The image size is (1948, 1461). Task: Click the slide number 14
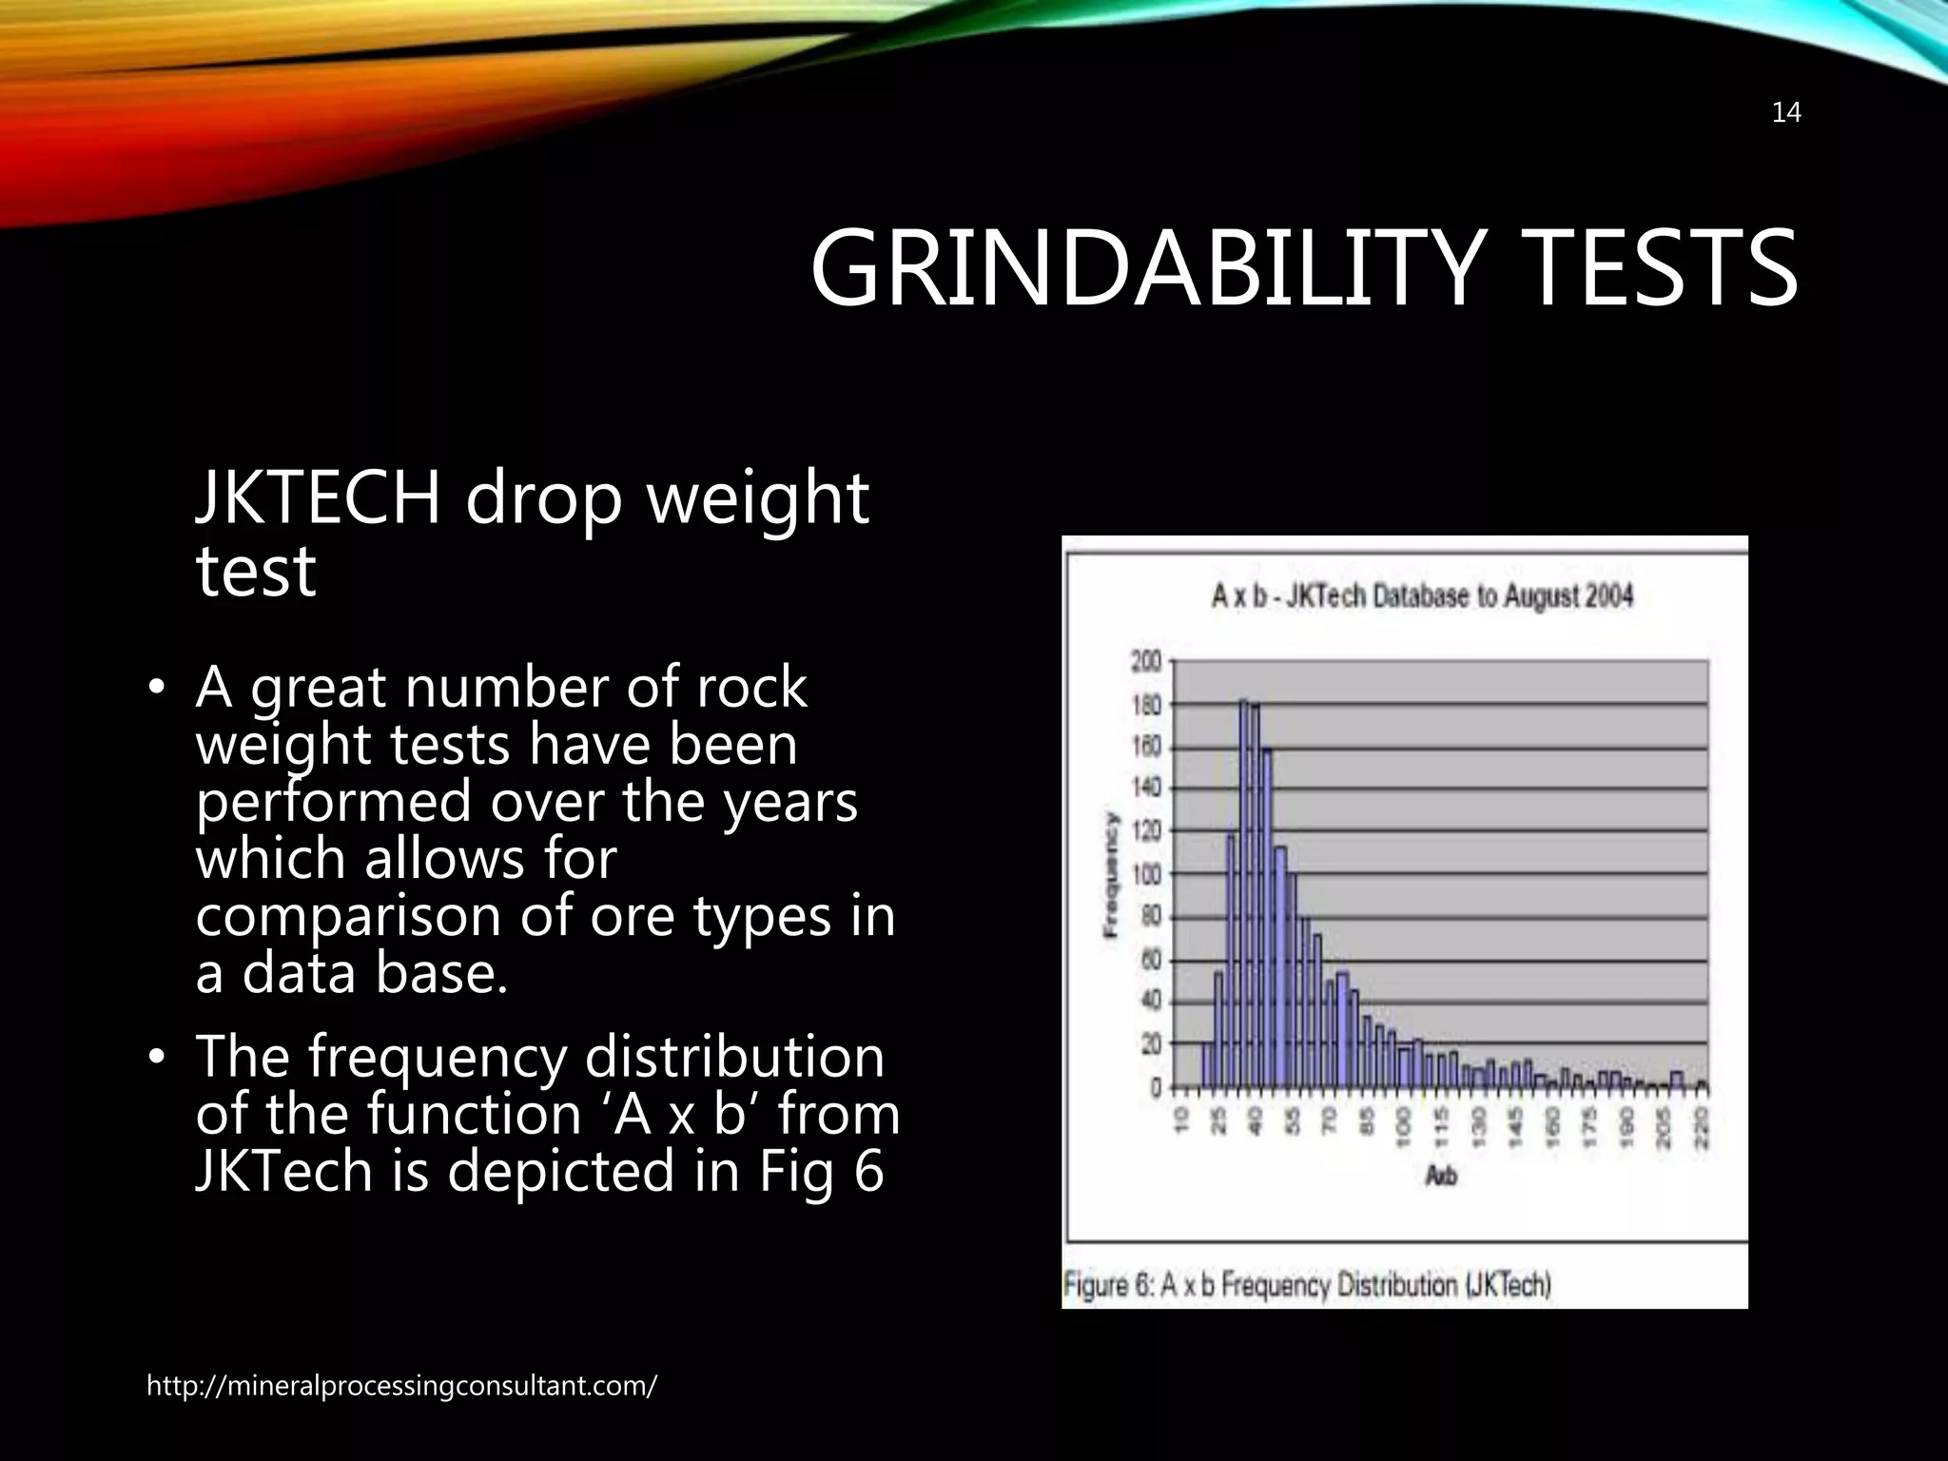(x=1786, y=113)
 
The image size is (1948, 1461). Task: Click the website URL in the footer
(x=400, y=1386)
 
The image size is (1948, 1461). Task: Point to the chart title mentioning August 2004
(x=1422, y=597)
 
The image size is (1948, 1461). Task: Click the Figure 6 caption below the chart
(x=1307, y=1285)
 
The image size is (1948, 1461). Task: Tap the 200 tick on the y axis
(x=1146, y=662)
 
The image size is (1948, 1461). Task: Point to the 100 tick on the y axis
(x=1146, y=874)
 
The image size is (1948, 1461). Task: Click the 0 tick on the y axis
(x=1155, y=1087)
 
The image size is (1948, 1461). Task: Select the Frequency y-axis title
(x=1110, y=874)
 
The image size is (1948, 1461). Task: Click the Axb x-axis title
(x=1441, y=1177)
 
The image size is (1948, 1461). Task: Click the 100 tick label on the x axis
(x=1404, y=1126)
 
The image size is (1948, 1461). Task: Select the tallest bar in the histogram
(x=1244, y=894)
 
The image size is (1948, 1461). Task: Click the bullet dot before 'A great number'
(x=158, y=689)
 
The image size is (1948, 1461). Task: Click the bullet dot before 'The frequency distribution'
(x=158, y=1058)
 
